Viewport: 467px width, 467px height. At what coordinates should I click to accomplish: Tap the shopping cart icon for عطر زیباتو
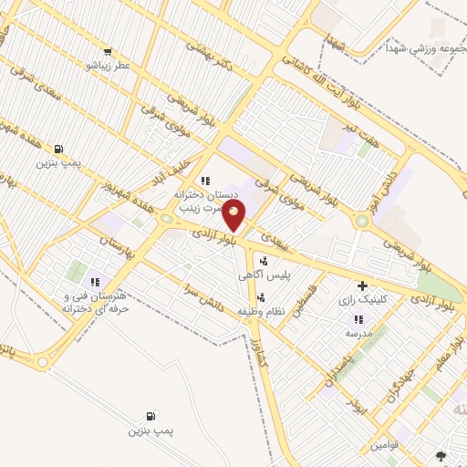tap(109, 52)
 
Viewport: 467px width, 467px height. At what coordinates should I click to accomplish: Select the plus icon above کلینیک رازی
tap(363, 285)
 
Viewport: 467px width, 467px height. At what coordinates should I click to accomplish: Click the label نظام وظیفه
tap(263, 312)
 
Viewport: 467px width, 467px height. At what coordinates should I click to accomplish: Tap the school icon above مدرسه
tap(358, 319)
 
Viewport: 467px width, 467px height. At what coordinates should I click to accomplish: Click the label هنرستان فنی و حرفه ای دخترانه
tap(92, 304)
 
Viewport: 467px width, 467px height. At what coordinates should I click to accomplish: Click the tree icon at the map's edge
tap(443, 455)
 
